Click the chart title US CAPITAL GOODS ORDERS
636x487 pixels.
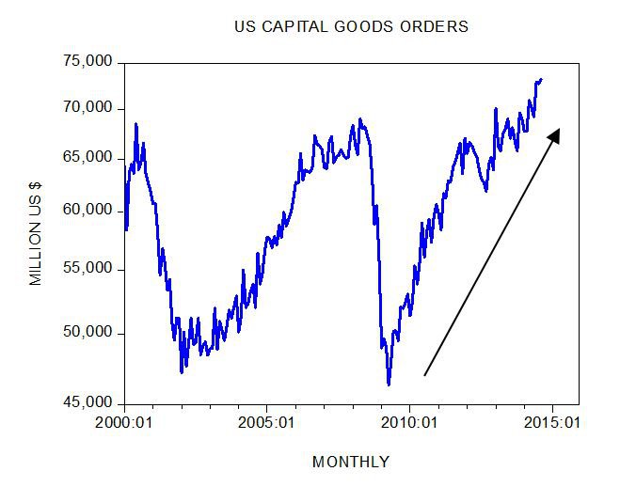[x=351, y=26]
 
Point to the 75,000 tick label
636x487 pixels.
[x=87, y=61]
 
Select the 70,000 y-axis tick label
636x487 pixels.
[x=87, y=108]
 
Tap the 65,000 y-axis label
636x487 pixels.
[x=87, y=157]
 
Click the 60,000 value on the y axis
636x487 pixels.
[x=87, y=211]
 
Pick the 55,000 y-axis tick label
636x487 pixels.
[x=87, y=269]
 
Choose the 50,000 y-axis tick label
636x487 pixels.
[x=87, y=333]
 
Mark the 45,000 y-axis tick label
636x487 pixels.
[x=87, y=403]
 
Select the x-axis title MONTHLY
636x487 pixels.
[x=350, y=462]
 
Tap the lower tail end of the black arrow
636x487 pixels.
[x=425, y=375]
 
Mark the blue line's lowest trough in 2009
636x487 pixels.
[x=389, y=384]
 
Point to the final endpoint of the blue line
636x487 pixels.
[x=541, y=79]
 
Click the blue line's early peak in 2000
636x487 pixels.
[x=135, y=124]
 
